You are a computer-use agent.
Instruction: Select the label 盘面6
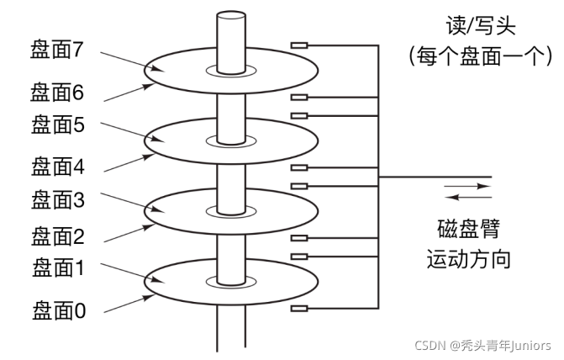(x=58, y=89)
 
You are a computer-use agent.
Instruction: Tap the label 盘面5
(x=58, y=125)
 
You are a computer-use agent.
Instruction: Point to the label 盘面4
(x=58, y=165)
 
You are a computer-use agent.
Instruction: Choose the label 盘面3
(x=58, y=199)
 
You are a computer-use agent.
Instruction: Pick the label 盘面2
(x=58, y=235)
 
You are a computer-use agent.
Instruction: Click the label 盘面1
(x=58, y=269)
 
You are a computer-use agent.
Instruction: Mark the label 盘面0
(x=58, y=311)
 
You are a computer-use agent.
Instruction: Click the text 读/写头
(x=478, y=24)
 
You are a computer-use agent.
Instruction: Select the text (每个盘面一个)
(x=478, y=56)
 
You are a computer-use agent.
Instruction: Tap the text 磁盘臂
(x=468, y=227)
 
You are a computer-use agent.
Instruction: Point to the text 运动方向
(x=468, y=257)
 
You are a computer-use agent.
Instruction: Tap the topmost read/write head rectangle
(x=298, y=44)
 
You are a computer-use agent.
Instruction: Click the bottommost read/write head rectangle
(x=298, y=309)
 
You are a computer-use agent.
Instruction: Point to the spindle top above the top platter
(x=229, y=17)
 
